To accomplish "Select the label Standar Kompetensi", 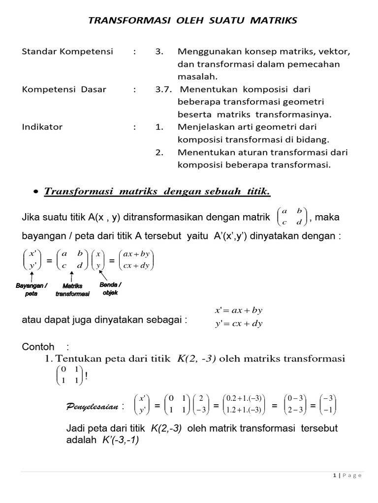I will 67,52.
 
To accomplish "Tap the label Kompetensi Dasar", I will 64,90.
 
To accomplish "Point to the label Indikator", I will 42,127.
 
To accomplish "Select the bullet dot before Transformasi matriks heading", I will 36,192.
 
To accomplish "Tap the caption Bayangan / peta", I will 31,289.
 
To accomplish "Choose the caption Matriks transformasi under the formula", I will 72,290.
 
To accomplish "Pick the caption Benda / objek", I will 110,288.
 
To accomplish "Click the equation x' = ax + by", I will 239,310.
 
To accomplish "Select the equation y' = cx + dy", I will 239,323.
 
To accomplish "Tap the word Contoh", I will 37,347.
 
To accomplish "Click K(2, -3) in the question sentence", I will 195,359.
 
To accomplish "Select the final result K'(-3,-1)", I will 120,440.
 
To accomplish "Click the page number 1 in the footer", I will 335,475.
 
